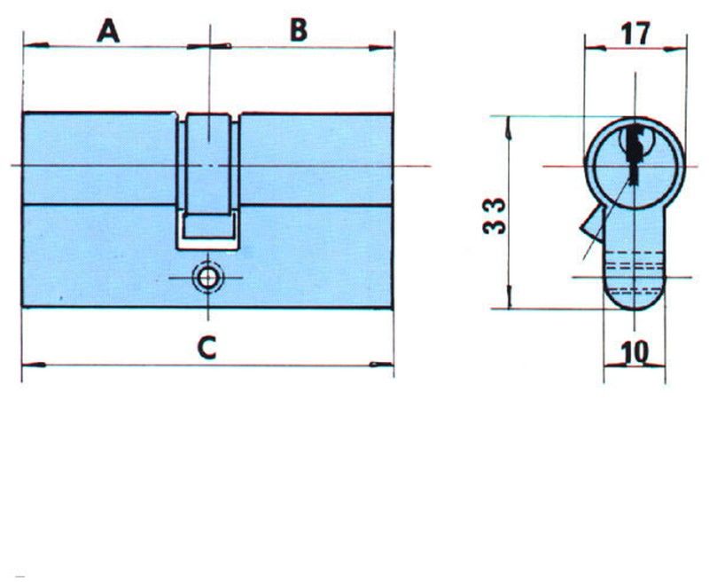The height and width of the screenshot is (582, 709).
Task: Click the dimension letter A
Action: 108,31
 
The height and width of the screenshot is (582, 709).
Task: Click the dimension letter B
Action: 299,30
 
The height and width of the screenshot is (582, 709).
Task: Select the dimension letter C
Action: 206,348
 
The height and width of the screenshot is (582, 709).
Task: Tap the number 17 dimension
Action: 635,34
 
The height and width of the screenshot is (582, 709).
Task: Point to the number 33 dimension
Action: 494,216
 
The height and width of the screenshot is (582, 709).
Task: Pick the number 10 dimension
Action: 635,352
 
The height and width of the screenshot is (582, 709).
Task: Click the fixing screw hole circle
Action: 207,278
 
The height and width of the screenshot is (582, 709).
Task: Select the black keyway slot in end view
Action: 635,153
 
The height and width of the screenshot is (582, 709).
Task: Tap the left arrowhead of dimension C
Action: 34,365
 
